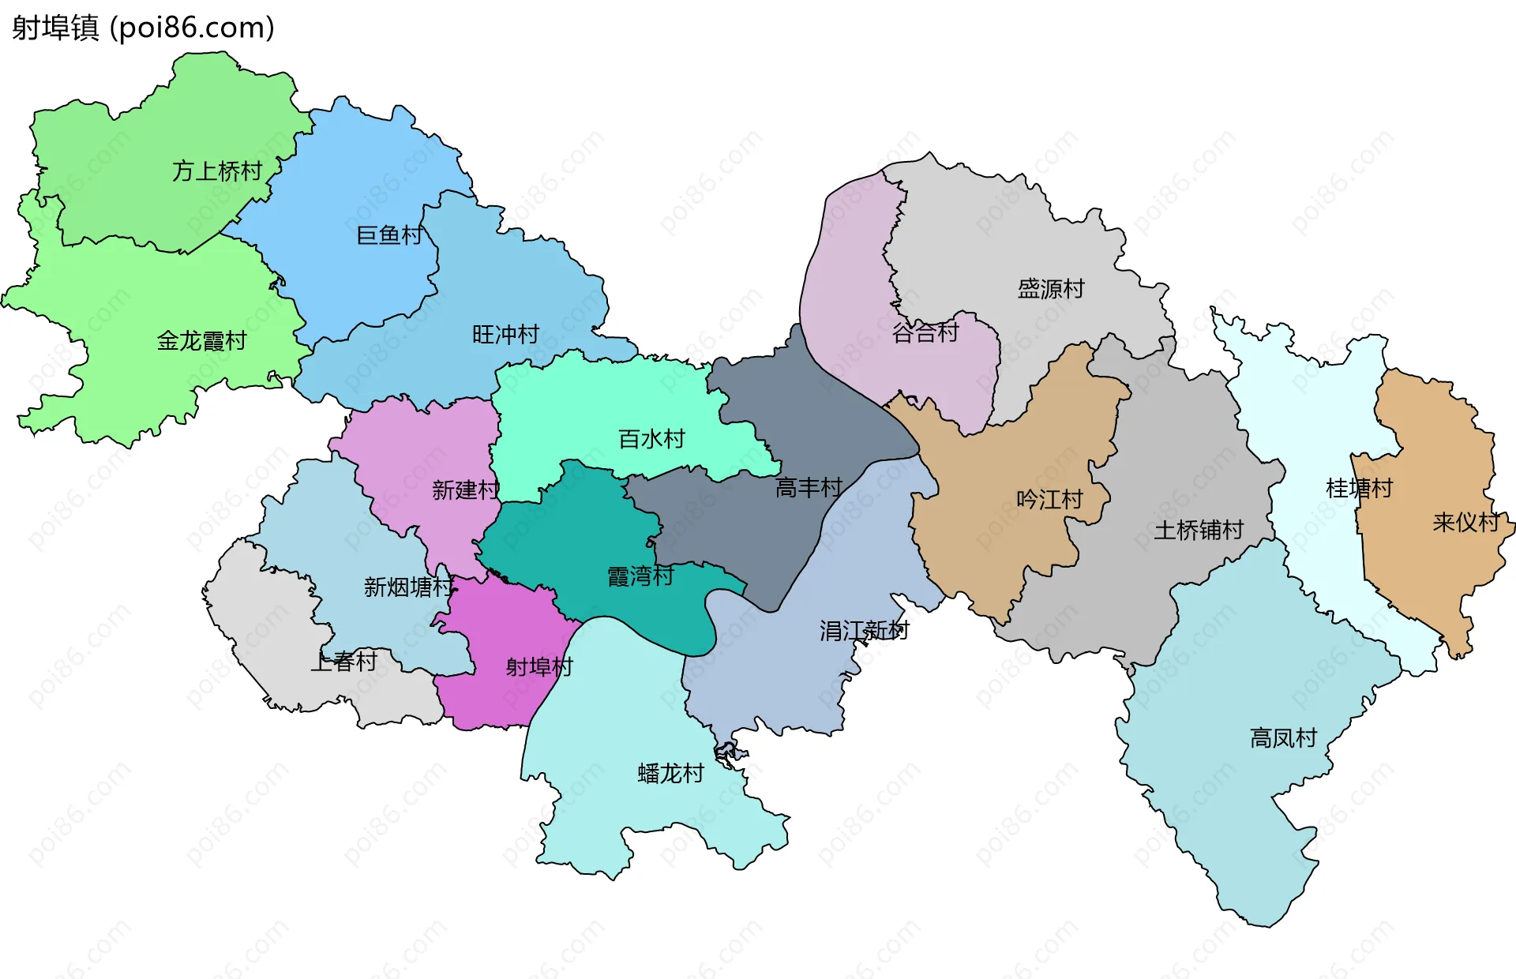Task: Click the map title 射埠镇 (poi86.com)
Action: (143, 28)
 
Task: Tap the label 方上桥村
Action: (217, 171)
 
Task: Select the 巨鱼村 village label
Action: (390, 235)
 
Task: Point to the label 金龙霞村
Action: (202, 341)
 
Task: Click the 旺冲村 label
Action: (505, 335)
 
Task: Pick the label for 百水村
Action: (651, 439)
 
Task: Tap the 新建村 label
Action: (466, 490)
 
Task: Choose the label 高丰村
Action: (809, 488)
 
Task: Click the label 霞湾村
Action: (640, 576)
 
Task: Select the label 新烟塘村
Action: (409, 587)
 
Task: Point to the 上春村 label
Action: (343, 662)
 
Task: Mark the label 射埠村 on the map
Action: (539, 667)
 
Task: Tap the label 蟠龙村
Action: (670, 773)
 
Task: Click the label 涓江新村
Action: (864, 630)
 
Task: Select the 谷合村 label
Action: (925, 333)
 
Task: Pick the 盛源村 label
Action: (1051, 289)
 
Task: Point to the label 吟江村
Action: (1049, 500)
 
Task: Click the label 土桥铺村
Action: (1199, 530)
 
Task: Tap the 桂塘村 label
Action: (1359, 489)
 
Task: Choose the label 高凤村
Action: (1283, 738)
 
